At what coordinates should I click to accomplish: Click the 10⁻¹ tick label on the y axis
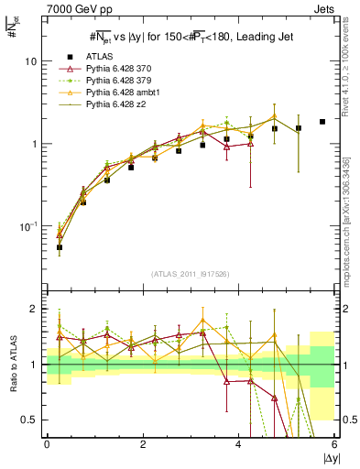coord(28,226)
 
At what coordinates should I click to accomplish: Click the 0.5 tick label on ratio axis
coord(29,420)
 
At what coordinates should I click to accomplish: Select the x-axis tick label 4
coord(238,444)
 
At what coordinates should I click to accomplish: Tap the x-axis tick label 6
coord(334,444)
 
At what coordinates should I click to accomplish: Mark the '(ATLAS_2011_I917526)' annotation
coord(190,274)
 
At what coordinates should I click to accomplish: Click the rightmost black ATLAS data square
coord(322,122)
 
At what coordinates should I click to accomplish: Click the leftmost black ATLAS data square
coord(60,247)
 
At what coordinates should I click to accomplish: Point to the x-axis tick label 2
coord(142,444)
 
